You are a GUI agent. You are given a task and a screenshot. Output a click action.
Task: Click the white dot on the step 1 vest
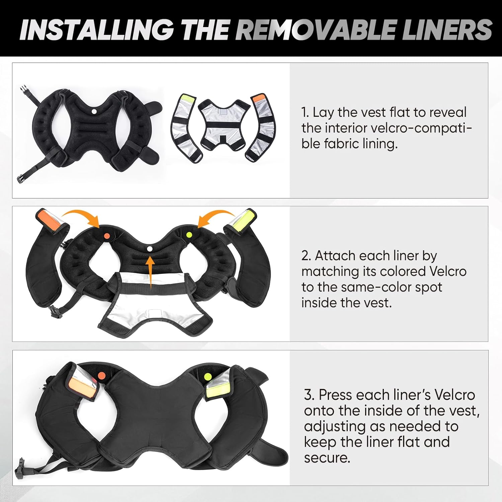click(94, 111)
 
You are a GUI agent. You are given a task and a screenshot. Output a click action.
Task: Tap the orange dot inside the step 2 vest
click(106, 236)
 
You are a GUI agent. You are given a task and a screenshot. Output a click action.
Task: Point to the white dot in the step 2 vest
click(150, 248)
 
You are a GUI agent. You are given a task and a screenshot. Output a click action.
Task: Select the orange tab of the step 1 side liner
click(258, 98)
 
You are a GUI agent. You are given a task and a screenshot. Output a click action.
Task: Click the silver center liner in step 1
click(224, 127)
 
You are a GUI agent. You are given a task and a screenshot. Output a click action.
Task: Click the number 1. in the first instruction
click(305, 113)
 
